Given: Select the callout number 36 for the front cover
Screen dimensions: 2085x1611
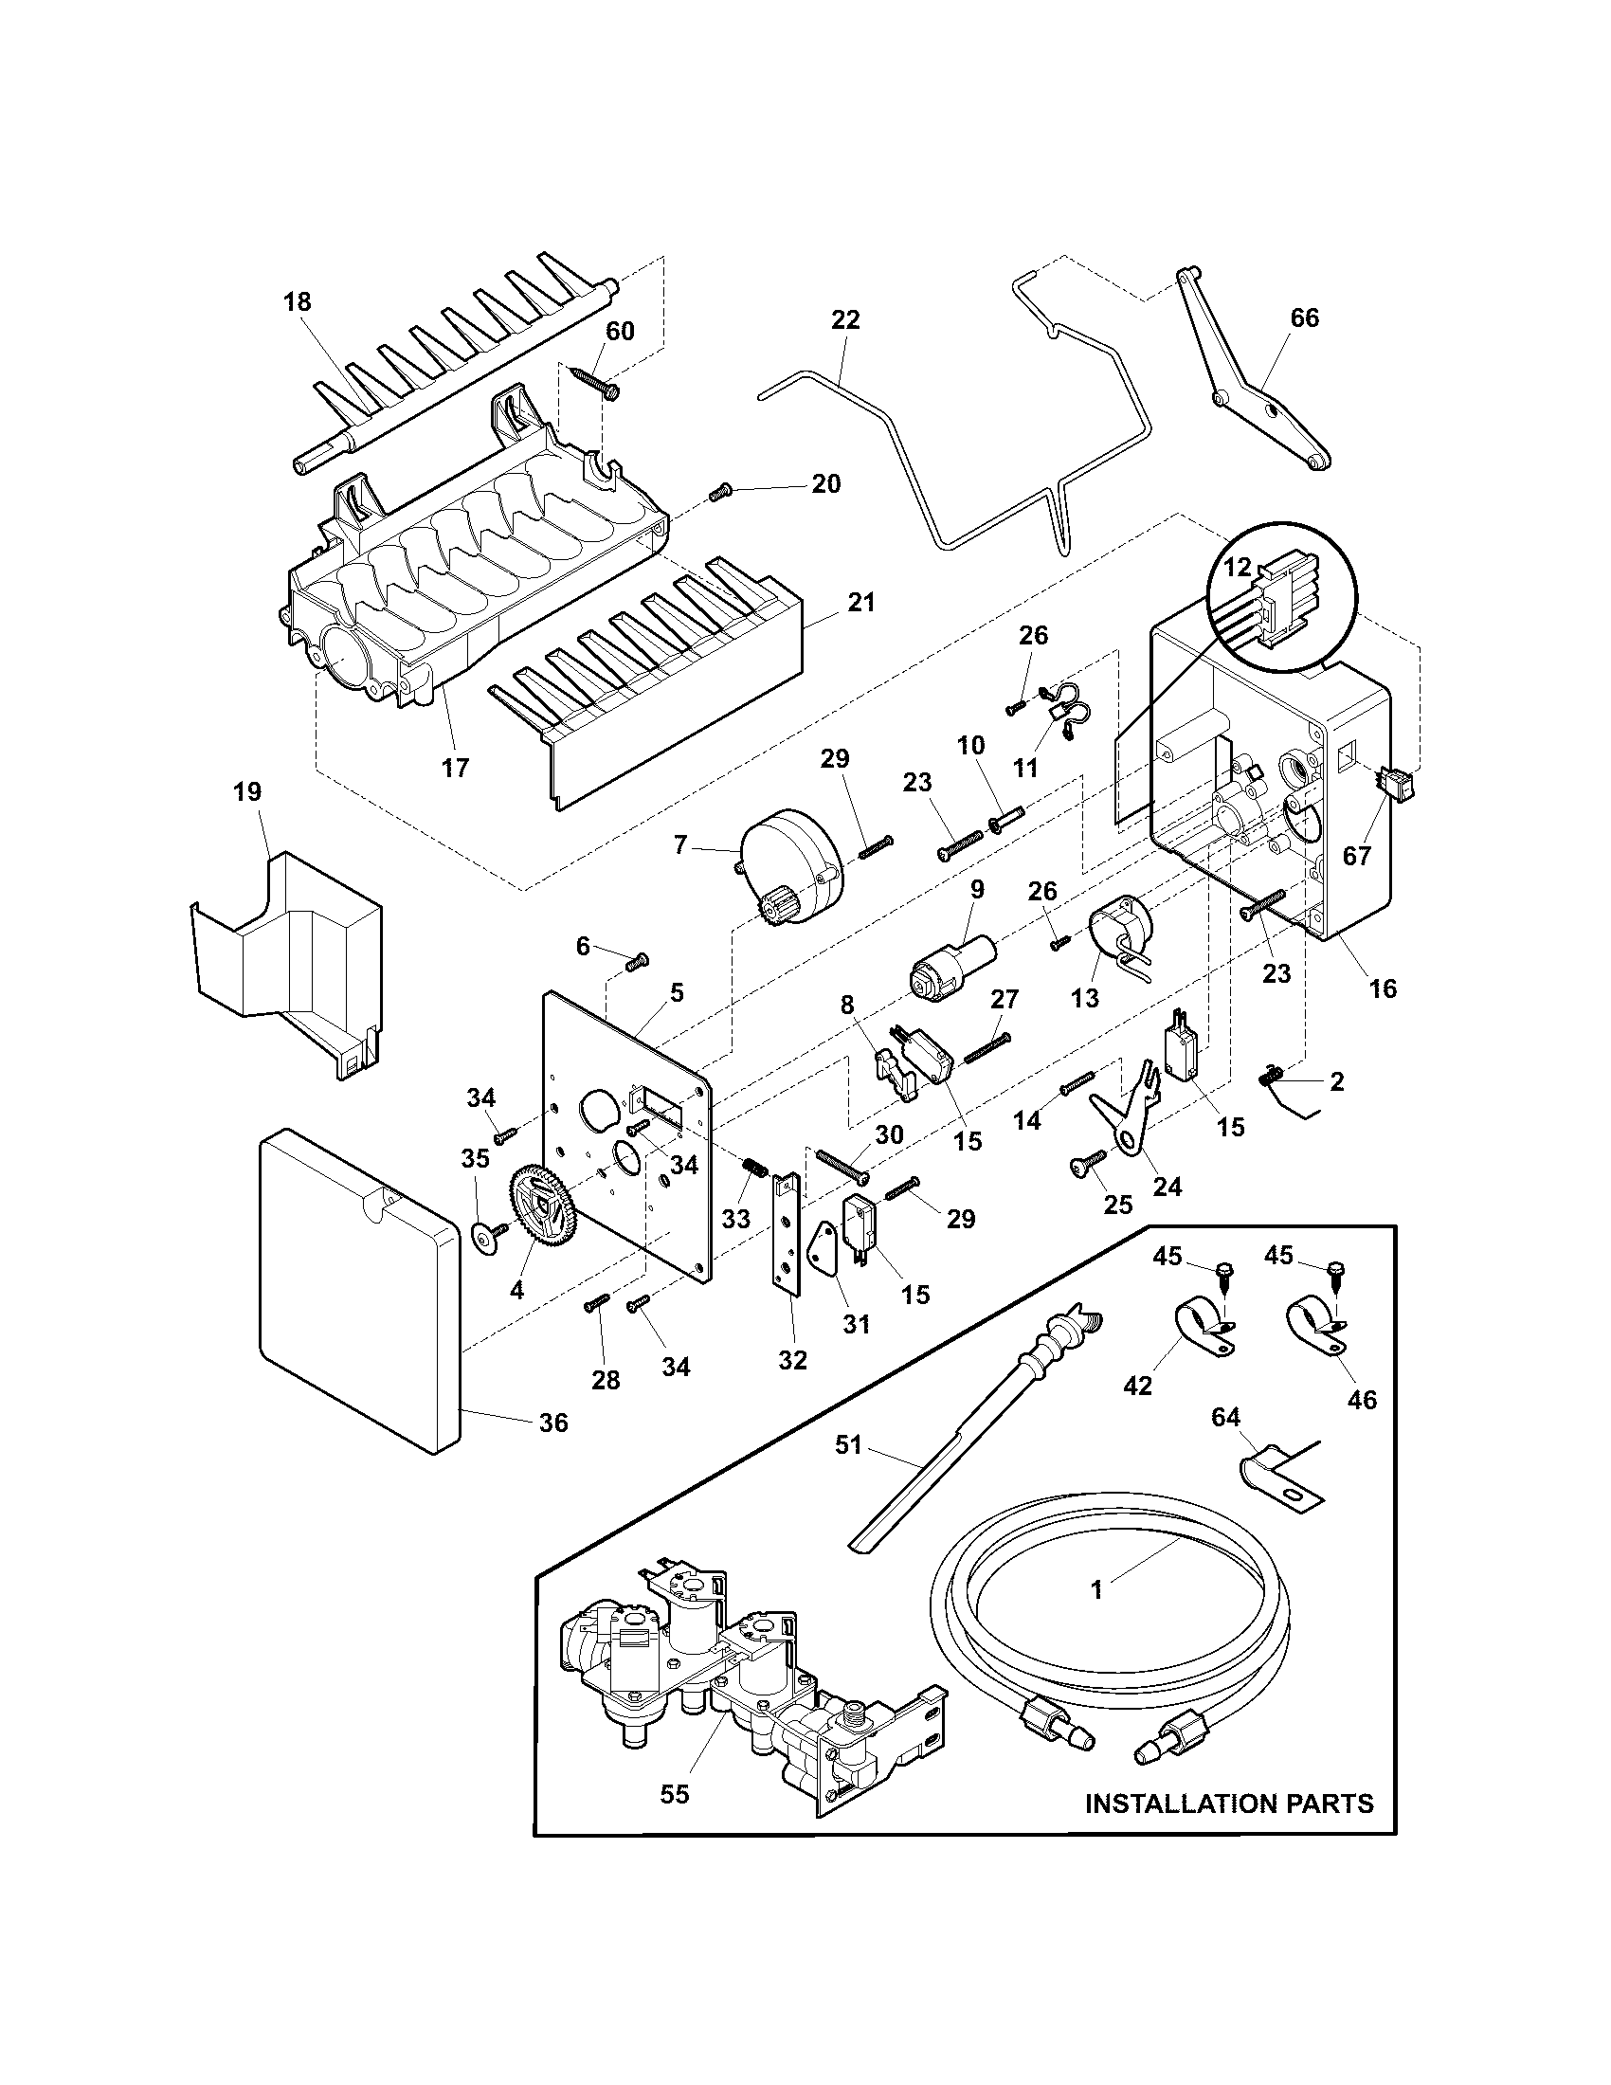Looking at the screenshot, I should point(553,1450).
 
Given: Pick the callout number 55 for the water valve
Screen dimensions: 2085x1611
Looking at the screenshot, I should point(674,1794).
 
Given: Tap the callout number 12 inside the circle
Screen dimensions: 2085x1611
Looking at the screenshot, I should point(1238,566).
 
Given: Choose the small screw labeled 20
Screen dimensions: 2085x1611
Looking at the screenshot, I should point(721,493).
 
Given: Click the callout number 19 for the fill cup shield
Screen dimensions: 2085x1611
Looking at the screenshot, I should point(247,791).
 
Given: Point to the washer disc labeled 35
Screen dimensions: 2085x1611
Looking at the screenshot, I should point(487,1242).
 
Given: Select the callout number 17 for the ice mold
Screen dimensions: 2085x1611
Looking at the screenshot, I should point(455,767).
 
